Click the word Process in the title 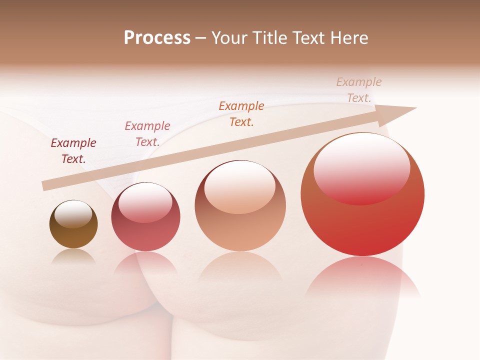(157, 38)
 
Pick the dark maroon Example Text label (73, 151)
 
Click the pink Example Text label (147, 134)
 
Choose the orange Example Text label (241, 113)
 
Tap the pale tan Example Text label (358, 90)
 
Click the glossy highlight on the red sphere (361, 167)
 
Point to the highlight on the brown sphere (73, 214)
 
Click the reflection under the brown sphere (73, 256)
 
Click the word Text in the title (306, 38)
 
